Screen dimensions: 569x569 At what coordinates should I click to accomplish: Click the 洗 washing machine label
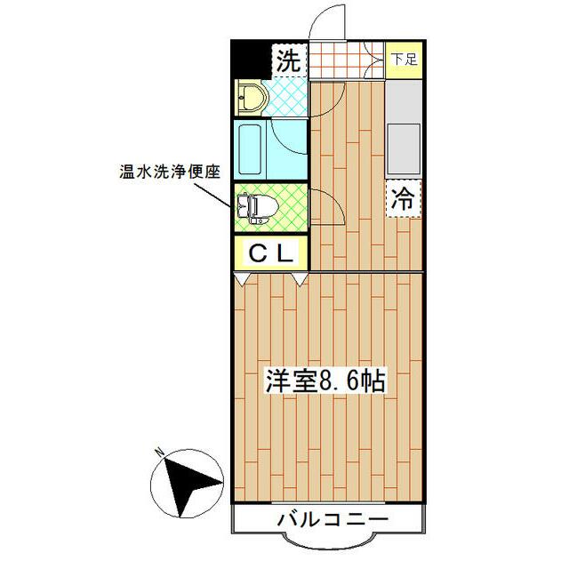click(289, 62)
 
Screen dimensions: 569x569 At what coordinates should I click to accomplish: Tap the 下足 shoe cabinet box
click(405, 60)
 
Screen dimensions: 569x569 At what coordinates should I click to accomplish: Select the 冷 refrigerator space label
click(403, 198)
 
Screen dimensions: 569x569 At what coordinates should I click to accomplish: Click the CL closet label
click(270, 253)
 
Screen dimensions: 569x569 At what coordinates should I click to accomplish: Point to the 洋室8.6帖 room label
click(325, 381)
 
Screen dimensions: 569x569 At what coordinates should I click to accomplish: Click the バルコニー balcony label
click(331, 518)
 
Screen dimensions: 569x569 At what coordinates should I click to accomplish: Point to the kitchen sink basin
click(405, 148)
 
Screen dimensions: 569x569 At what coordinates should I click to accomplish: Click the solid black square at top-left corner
click(249, 61)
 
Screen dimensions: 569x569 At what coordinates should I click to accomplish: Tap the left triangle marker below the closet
click(242, 279)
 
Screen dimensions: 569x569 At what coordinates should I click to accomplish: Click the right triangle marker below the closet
click(300, 279)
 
